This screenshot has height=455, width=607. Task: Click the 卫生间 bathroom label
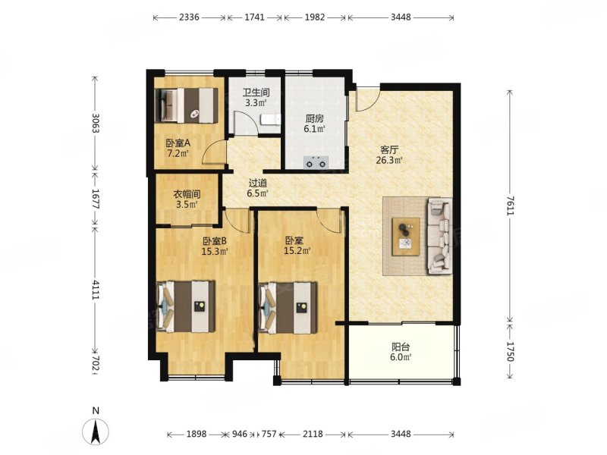click(256, 93)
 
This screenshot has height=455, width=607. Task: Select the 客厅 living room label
click(389, 150)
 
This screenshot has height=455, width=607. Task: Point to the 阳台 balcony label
click(401, 347)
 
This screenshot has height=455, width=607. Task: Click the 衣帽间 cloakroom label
click(187, 195)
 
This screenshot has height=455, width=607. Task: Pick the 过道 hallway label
click(257, 183)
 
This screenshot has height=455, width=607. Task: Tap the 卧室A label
click(178, 143)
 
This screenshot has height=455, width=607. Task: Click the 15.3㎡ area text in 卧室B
click(215, 252)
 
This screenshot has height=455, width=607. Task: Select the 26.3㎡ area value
click(389, 160)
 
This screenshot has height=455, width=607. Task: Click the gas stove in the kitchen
click(316, 162)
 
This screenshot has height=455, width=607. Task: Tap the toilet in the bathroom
click(270, 120)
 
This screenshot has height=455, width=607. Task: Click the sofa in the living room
click(439, 237)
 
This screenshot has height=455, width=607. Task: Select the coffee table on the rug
click(406, 237)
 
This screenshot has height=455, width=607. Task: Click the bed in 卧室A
click(186, 105)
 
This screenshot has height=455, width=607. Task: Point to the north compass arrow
click(96, 431)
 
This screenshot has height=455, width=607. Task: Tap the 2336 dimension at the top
click(189, 17)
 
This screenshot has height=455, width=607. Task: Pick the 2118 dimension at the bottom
click(313, 434)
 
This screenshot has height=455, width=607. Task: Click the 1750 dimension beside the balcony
click(511, 351)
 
